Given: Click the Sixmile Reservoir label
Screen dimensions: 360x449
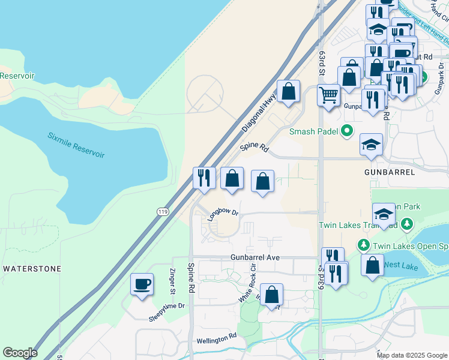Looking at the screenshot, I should coord(76,145).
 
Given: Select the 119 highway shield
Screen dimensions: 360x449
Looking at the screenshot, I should coord(163,211).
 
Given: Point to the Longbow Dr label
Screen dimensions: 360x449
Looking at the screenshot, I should coord(223,215).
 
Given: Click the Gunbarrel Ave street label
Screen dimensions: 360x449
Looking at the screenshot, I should coord(256,257).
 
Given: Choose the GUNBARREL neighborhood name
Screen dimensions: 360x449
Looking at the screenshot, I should coord(389,172).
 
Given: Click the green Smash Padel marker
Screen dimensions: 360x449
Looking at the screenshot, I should coord(346,131).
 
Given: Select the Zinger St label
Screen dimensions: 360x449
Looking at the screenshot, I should coord(171,283).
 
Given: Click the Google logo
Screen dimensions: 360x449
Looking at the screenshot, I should coord(20,353).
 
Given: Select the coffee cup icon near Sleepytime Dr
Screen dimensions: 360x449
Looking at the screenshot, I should coord(142,284).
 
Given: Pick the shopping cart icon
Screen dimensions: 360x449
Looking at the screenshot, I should coord(328,94).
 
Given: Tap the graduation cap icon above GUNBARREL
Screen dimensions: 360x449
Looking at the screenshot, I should coord(372,145).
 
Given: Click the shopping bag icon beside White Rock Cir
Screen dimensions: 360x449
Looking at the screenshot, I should coord(271,295).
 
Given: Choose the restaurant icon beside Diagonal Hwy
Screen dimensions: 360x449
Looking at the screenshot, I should coord(204,178).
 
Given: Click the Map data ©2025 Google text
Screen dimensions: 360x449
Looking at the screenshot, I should coord(411,355).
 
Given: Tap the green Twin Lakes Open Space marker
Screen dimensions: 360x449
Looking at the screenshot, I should coord(363,245).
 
